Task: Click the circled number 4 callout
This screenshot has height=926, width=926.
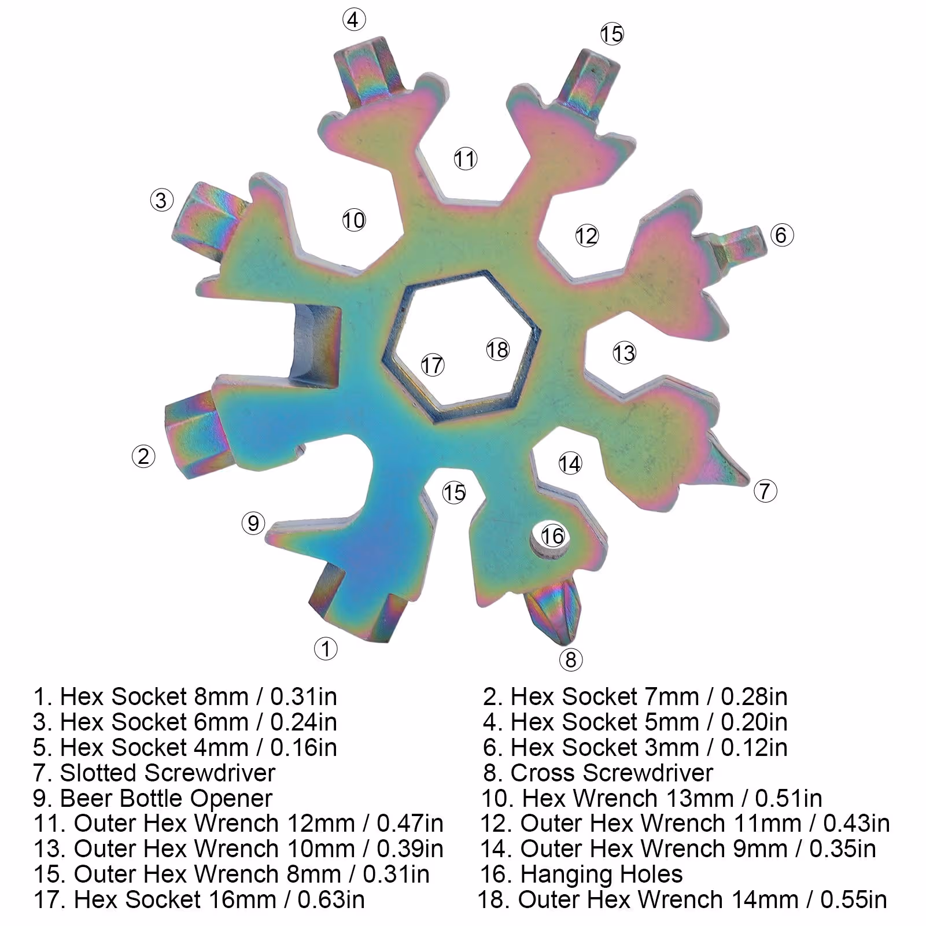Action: (x=354, y=20)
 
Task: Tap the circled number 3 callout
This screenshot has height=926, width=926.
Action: (x=161, y=200)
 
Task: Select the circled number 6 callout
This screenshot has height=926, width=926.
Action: (x=781, y=235)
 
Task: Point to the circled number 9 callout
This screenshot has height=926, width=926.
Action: (x=253, y=523)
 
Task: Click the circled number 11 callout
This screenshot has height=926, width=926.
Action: (x=465, y=158)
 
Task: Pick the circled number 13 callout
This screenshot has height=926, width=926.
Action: (x=624, y=353)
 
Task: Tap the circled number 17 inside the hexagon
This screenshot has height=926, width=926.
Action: (x=432, y=365)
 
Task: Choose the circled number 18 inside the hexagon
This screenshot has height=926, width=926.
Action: (x=497, y=349)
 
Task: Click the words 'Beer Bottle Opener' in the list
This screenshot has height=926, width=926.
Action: (x=166, y=798)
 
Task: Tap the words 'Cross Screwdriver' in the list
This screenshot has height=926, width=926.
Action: (x=612, y=773)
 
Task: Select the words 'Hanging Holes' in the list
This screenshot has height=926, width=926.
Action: (x=602, y=875)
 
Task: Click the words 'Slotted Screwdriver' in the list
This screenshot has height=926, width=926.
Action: (x=168, y=773)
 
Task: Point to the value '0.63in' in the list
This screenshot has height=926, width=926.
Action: (x=331, y=900)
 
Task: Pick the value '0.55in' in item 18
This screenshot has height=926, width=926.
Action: (x=854, y=900)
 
